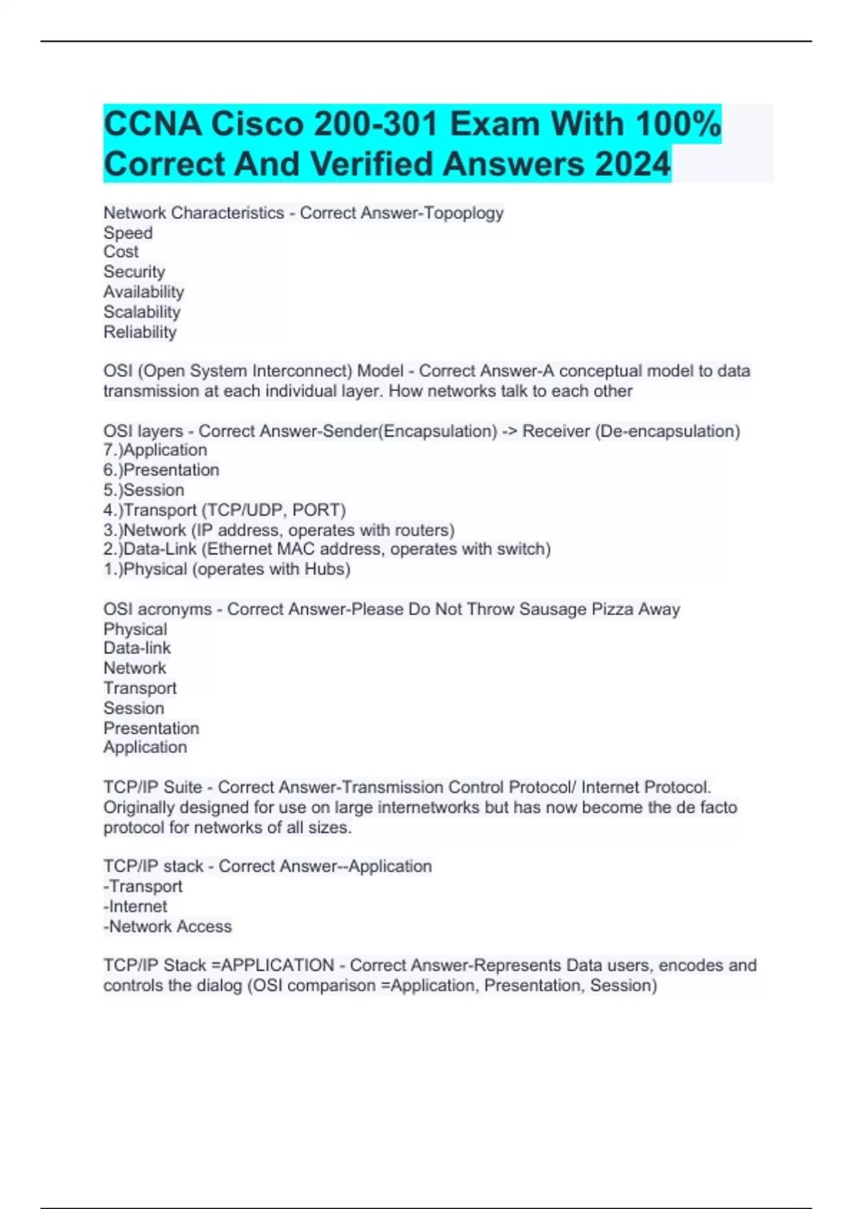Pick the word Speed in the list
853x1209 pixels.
[128, 233]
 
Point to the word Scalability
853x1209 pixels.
[142, 312]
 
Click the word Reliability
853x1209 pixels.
[140, 332]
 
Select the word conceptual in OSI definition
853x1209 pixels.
[597, 371]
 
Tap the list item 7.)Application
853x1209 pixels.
[155, 450]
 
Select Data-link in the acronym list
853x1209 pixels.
[137, 648]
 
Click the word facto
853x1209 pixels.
[717, 808]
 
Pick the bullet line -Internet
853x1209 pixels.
[135, 907]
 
